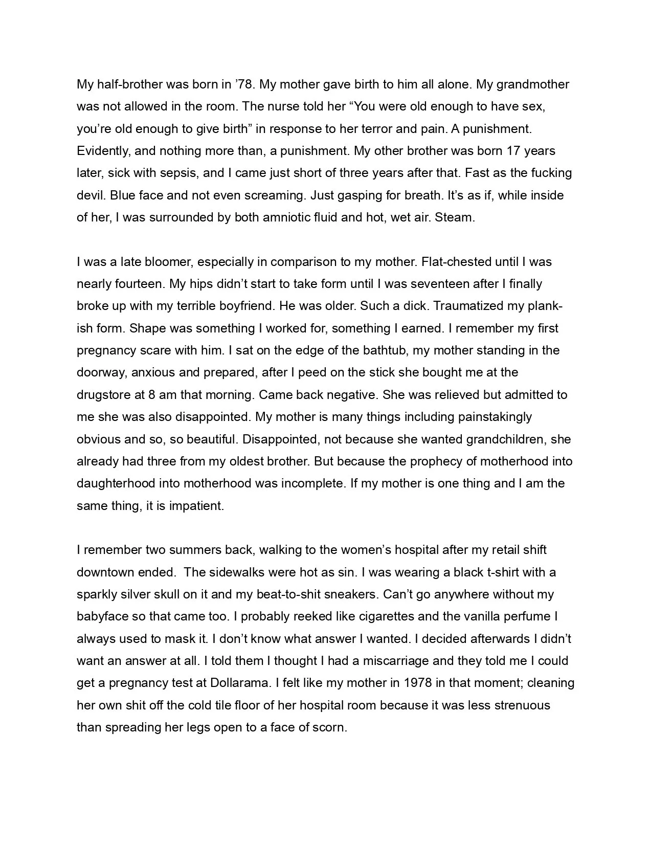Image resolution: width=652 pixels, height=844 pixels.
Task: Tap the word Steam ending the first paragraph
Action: tap(454, 217)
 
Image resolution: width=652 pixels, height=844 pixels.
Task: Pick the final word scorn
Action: tap(328, 727)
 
